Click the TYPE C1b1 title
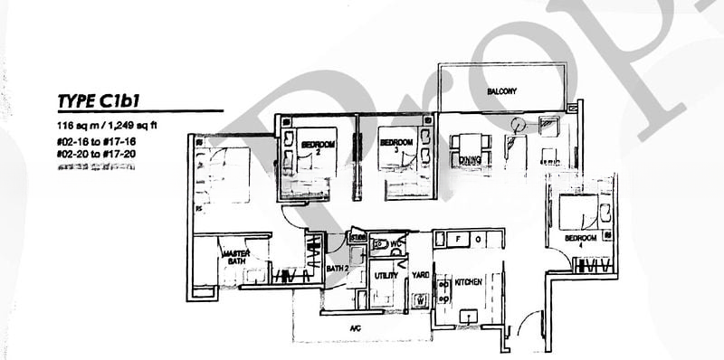105,100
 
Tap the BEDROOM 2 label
318,147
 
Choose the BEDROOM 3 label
395,145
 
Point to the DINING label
468,160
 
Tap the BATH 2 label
337,269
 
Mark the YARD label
421,274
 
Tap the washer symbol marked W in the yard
421,299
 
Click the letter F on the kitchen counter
459,240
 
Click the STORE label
357,239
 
